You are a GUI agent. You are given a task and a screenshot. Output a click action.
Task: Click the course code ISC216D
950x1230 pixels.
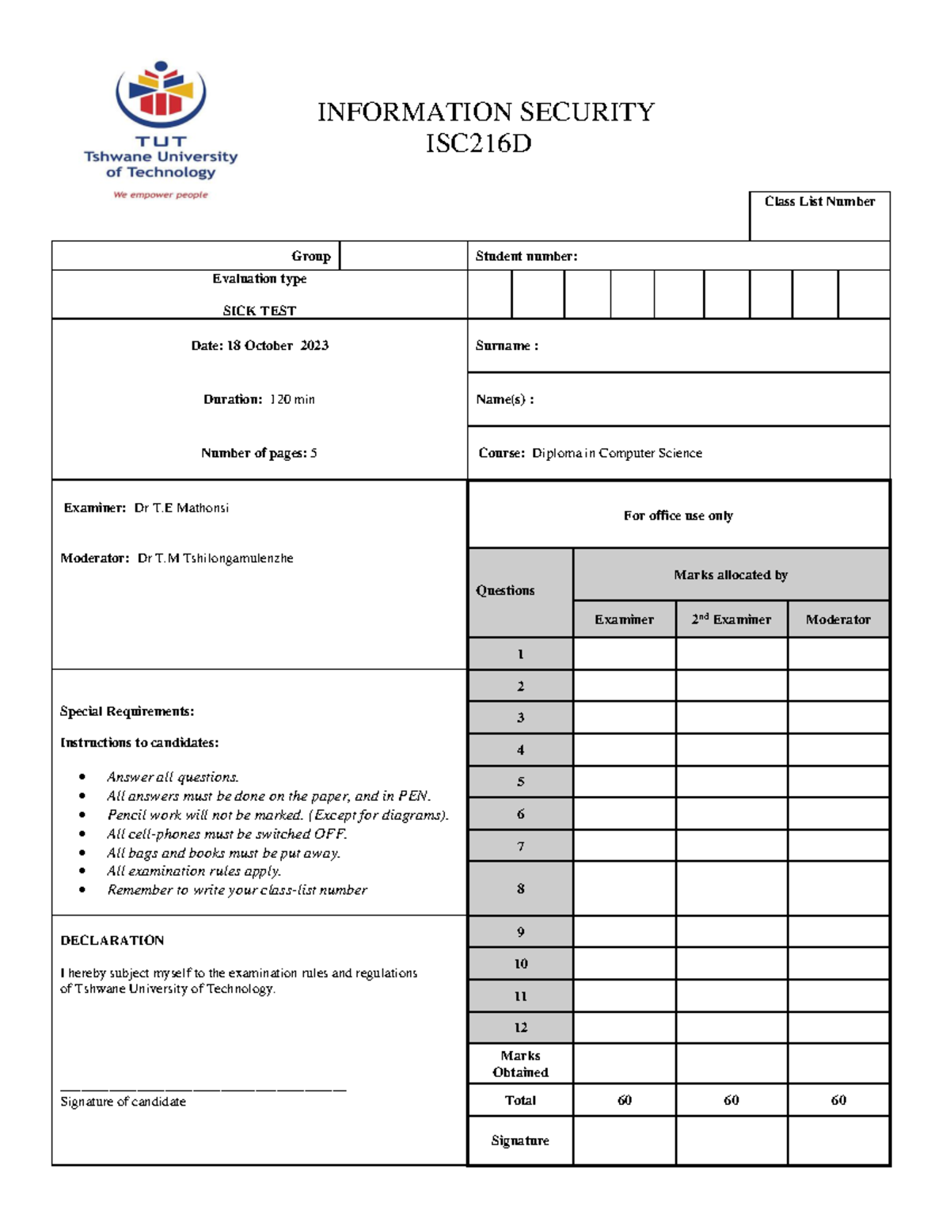(x=478, y=144)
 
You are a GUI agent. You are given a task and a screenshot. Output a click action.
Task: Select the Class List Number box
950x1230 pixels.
(x=819, y=216)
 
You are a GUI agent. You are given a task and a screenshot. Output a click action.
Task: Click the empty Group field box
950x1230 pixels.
(x=403, y=256)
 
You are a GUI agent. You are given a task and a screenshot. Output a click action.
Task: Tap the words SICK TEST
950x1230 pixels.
(x=260, y=310)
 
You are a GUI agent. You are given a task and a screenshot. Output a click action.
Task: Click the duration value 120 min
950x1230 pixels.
(x=292, y=399)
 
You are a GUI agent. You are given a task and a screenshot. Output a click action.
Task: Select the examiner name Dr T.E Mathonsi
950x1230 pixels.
(x=181, y=508)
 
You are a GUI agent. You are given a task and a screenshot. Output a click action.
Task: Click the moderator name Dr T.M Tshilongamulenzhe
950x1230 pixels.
(x=215, y=558)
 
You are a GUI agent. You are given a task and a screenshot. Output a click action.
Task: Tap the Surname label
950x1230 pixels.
(x=507, y=345)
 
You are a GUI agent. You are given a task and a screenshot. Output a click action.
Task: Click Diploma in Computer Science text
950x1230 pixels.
(x=617, y=453)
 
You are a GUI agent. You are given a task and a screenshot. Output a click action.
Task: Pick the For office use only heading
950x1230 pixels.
(x=678, y=516)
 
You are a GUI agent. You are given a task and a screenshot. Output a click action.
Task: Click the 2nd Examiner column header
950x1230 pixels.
(x=731, y=619)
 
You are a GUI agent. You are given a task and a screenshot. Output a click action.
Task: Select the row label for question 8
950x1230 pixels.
(x=520, y=889)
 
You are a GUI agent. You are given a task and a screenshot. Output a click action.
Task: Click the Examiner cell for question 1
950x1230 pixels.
(x=624, y=654)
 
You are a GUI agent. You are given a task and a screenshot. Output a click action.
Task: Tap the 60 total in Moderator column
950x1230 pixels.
(x=838, y=1100)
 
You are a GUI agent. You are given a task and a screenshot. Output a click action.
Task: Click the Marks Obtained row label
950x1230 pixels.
(x=520, y=1064)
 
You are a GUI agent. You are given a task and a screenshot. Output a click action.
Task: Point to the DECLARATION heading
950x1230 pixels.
(x=112, y=940)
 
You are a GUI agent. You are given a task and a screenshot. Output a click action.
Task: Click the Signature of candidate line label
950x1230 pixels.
(x=123, y=1102)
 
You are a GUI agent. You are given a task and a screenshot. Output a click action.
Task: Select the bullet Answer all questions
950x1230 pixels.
(x=173, y=777)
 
